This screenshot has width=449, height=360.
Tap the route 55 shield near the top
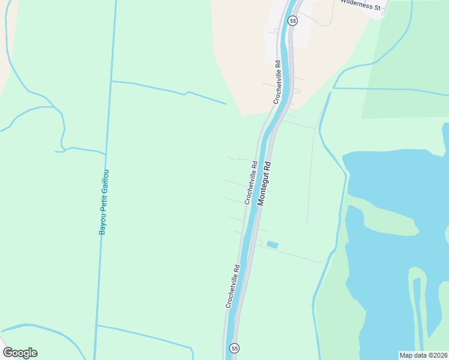pos(292,20)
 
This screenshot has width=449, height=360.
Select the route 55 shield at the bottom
pos(234,348)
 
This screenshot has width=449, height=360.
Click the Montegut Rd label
pos(265,184)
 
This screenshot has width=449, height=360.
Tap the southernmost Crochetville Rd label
pos(233,287)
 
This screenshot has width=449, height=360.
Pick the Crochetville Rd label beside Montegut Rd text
pos(251,182)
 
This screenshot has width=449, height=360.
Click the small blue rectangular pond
pos(273,244)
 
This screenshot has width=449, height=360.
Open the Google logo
pos(20,353)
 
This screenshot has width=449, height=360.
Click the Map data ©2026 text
pos(423,355)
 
